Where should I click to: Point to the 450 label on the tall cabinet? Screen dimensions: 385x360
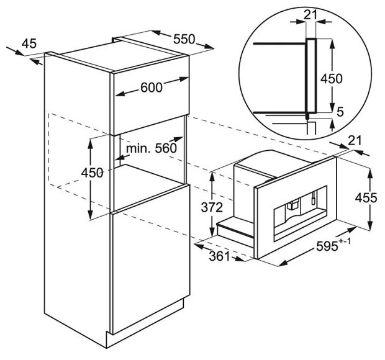click(x=93, y=173)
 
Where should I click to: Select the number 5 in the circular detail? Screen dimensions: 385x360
click(x=340, y=112)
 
